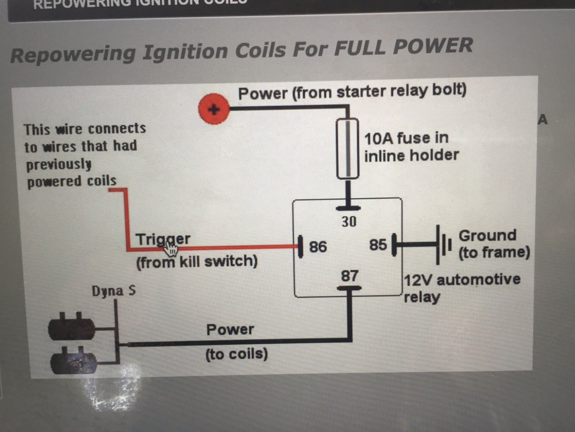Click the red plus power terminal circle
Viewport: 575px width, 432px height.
pos(214,109)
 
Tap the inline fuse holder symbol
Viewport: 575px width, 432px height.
pos(347,148)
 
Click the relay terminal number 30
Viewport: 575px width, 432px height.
pos(349,222)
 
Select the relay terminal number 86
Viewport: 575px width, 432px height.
pos(318,247)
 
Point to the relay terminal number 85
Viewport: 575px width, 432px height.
pos(378,245)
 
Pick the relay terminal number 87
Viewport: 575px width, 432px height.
pos(349,276)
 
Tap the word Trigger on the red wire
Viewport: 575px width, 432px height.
pos(163,239)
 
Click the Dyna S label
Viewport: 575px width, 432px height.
pos(114,291)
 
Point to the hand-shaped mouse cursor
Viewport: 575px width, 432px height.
pos(171,248)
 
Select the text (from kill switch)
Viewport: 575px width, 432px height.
pos(197,261)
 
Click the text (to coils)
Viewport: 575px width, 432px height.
pos(236,354)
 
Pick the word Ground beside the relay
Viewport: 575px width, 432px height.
pos(487,236)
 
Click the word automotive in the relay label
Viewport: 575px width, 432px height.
pos(478,280)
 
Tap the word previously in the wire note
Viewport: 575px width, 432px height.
pos(59,165)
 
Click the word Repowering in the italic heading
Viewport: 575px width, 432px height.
pos(73,54)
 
